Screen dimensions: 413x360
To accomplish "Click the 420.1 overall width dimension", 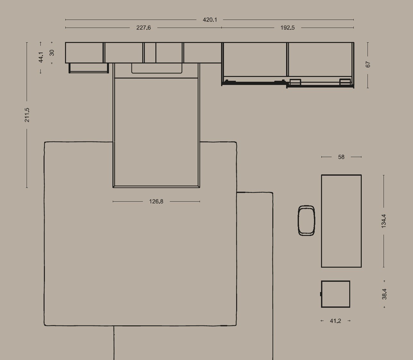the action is (x=210, y=20).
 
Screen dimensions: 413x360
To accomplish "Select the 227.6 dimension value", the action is (x=144, y=28).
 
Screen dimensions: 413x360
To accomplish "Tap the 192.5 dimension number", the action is (x=287, y=28).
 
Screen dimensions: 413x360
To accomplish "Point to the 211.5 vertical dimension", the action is (x=27, y=115).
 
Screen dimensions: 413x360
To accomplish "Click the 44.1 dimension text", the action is (x=41, y=57).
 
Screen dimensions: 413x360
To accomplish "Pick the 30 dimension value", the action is (x=52, y=53).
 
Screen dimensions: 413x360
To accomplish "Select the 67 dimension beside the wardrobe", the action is (x=368, y=64).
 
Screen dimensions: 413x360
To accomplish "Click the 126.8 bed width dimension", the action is (x=156, y=202).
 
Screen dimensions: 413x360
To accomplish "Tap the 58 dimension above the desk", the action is (x=341, y=157).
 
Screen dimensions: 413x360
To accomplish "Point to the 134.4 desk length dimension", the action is (x=384, y=221).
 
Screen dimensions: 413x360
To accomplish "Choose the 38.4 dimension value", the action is (x=384, y=294).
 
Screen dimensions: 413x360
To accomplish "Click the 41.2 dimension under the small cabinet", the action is (x=335, y=321).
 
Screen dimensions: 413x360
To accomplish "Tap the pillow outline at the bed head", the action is (x=157, y=73).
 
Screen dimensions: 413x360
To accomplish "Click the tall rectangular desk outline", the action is (x=321, y=221).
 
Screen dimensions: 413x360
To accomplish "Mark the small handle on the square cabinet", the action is (x=321, y=294).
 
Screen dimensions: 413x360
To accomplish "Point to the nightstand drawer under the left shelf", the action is (x=89, y=72).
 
